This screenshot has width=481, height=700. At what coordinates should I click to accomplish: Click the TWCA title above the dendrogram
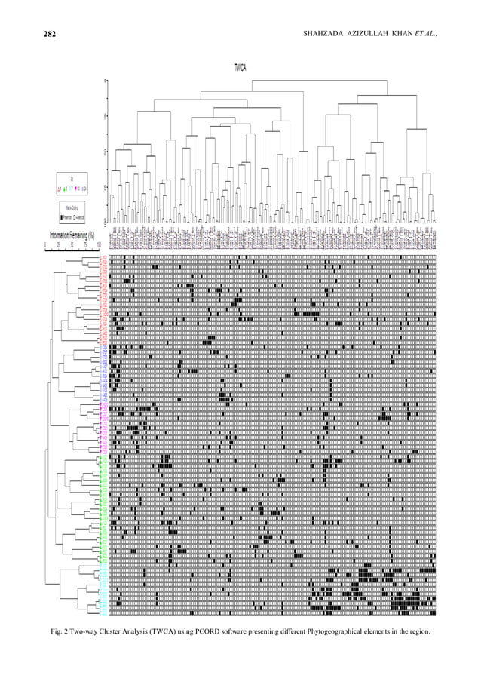pos(240,67)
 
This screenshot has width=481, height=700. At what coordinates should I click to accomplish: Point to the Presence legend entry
pos(67,216)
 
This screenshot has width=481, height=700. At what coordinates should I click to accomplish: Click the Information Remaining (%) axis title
pos(72,236)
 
